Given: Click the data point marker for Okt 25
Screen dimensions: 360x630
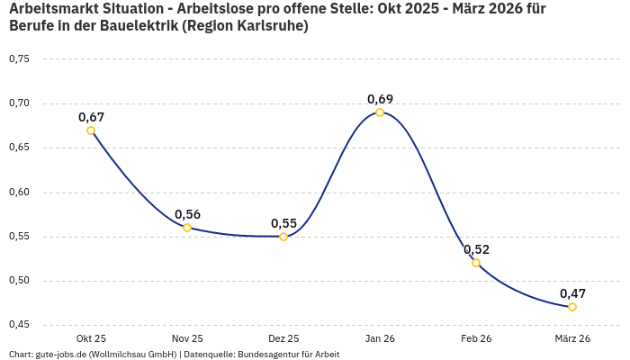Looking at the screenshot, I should coord(91,130).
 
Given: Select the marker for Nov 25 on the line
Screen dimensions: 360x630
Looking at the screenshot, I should coord(187,228).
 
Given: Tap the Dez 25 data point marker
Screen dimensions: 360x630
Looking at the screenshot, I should coord(283,237).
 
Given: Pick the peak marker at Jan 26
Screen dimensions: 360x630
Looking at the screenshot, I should coord(380,112).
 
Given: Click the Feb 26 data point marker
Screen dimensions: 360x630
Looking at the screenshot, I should coord(476,263).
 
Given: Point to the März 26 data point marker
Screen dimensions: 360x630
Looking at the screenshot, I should coord(572,307).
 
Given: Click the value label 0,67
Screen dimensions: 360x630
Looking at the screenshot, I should coord(91,117).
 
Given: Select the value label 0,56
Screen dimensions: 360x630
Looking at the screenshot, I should coord(187,214).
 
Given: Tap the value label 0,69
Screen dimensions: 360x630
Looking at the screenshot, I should coord(380,99).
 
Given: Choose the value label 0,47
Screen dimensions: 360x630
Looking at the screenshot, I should coord(572,293).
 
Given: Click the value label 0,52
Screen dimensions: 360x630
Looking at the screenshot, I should coord(476,249).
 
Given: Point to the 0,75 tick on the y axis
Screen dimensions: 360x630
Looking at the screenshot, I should coord(19,59).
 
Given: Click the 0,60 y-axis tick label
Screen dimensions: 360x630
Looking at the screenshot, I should coord(19,193).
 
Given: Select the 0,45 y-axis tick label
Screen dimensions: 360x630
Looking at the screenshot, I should coord(19,325).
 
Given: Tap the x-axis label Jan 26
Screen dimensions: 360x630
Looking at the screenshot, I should coord(380,338).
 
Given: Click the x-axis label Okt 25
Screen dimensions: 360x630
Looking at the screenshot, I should coord(91,338).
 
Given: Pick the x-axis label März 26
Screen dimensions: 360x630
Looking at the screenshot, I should coord(572,338).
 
